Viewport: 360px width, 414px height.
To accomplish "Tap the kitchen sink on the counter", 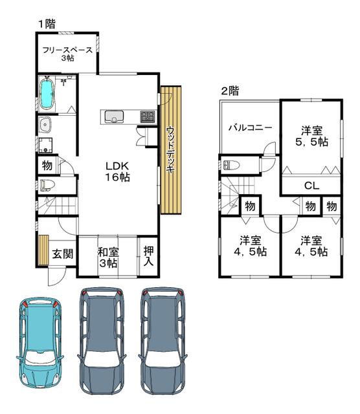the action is tap(114, 116).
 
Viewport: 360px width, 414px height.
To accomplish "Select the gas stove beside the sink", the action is tap(148, 116).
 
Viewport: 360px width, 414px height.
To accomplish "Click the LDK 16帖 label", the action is tap(117, 171).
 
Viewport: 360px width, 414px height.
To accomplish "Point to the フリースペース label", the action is tap(67, 50).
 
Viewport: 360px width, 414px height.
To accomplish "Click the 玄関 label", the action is tap(62, 254).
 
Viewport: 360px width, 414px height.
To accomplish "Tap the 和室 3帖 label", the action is tap(108, 257).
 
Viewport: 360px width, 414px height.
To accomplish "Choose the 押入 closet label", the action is tap(148, 256).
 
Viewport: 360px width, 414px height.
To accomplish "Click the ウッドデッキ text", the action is tap(170, 149).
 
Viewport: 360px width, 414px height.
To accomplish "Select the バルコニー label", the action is tap(250, 128).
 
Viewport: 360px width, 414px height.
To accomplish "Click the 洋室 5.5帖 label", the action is tap(312, 136).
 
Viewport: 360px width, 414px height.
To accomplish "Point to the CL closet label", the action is tap(311, 186).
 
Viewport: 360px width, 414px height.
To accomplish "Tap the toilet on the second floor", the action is tap(231, 166).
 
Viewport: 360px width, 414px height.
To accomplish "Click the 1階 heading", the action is tap(47, 24).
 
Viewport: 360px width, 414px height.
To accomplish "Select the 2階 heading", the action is tap(230, 91).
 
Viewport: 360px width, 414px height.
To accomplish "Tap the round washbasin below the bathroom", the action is tap(45, 125).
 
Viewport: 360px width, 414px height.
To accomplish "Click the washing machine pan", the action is tap(45, 145).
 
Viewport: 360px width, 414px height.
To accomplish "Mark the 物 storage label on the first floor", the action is tap(47, 166).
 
